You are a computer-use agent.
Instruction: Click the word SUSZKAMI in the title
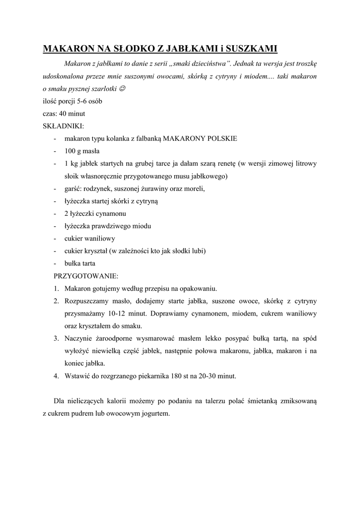pos(251,49)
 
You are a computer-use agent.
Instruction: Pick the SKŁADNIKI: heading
pos(63,126)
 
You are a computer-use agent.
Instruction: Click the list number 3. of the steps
pos(56,338)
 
